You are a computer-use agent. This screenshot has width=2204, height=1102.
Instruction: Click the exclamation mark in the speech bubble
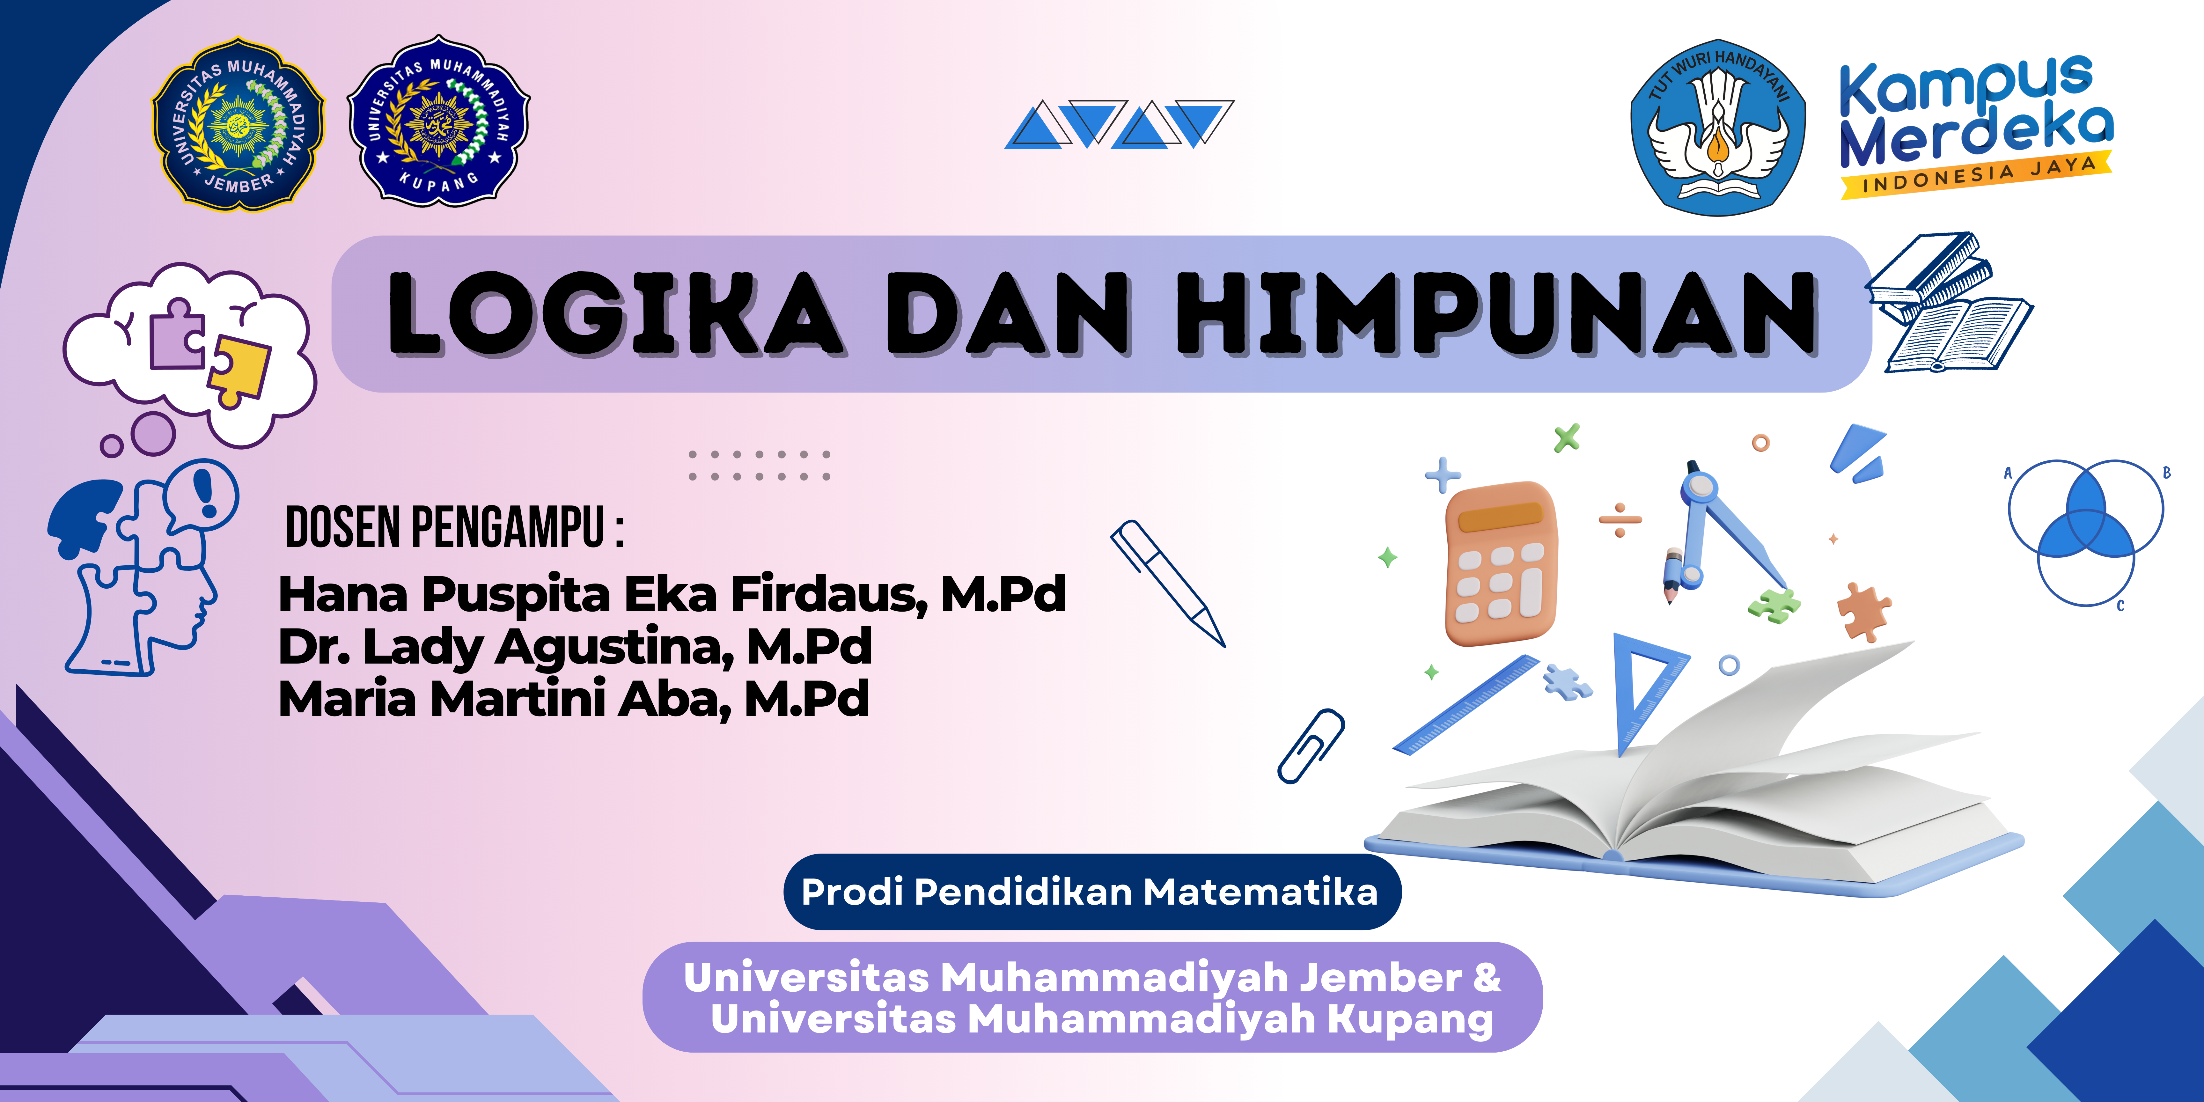click(x=205, y=492)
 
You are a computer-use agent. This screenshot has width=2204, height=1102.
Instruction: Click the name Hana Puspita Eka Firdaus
click(x=603, y=595)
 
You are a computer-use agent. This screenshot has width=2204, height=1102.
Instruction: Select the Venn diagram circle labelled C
click(x=2087, y=556)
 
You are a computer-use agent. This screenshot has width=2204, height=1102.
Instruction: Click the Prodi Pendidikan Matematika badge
click(x=1092, y=892)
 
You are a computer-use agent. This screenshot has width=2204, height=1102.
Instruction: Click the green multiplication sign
click(x=1568, y=438)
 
